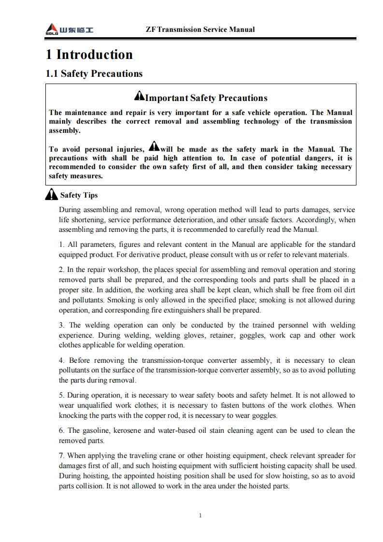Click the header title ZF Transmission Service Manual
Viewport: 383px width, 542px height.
click(x=200, y=29)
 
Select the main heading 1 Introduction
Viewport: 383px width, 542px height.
click(x=89, y=55)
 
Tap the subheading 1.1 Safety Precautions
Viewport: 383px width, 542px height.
click(x=94, y=74)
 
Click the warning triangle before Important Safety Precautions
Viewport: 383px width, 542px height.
click(x=139, y=97)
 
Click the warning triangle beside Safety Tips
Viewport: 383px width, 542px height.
click(x=51, y=195)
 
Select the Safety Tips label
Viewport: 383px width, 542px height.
click(x=79, y=195)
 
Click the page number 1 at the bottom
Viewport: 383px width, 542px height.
click(x=200, y=515)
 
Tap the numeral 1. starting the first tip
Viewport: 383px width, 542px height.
click(x=61, y=244)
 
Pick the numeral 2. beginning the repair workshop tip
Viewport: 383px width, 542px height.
click(x=62, y=270)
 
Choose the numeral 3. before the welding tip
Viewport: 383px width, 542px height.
click(x=62, y=325)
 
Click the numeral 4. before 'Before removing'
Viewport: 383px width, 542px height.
click(x=62, y=360)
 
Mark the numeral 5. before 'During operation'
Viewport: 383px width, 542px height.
click(x=62, y=395)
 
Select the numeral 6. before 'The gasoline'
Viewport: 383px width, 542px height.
click(x=62, y=430)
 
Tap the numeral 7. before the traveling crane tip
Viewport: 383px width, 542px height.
click(x=62, y=456)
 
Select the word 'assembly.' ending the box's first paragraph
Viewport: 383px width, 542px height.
click(x=65, y=130)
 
